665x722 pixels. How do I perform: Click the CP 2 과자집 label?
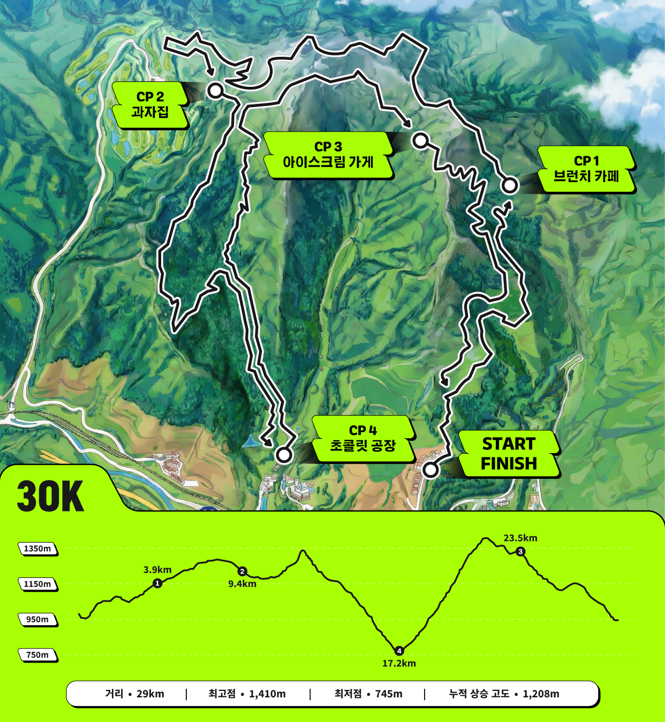[x=150, y=105]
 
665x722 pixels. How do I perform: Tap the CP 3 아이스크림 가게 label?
[x=328, y=155]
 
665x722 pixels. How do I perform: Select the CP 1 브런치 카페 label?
[x=586, y=169]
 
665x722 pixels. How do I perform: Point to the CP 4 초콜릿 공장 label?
[x=363, y=439]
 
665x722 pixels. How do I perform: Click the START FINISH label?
[x=509, y=454]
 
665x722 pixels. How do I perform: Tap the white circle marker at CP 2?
[x=215, y=91]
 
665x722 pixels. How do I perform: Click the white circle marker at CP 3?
[x=420, y=141]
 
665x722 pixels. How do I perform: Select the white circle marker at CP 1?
[x=510, y=185]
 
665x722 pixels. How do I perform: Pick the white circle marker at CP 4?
[x=284, y=455]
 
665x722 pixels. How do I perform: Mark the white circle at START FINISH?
[x=430, y=470]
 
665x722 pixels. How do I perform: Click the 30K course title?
[x=50, y=496]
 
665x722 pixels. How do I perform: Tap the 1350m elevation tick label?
[x=37, y=548]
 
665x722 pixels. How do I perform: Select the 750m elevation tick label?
[x=37, y=655]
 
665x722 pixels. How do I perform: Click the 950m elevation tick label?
[x=37, y=619]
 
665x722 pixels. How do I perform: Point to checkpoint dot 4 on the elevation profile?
[x=399, y=651]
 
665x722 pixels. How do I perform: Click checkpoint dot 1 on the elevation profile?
[x=157, y=583]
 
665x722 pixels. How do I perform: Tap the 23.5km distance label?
[x=520, y=538]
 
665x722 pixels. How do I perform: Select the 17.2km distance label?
[x=399, y=663]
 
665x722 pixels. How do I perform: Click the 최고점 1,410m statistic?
[x=247, y=694]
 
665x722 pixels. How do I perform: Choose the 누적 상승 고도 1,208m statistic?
[x=504, y=694]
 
